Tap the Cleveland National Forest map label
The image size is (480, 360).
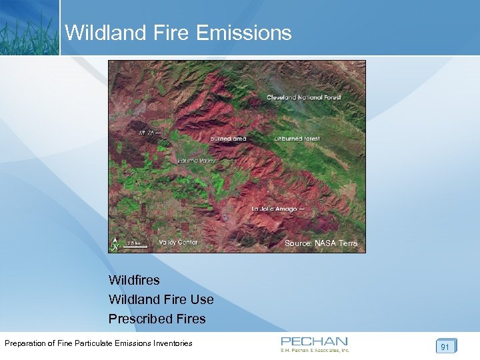point(303,97)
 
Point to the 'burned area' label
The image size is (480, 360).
point(228,139)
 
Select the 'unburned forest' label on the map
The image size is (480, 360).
point(297,139)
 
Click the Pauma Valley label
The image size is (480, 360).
point(197,161)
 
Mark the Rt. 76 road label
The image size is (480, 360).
point(147,133)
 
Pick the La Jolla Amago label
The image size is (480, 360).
point(279,209)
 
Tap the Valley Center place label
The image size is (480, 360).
point(178,242)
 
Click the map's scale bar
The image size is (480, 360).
point(137,245)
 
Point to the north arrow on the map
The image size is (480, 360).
point(115,244)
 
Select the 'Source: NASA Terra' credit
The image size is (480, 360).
point(321,243)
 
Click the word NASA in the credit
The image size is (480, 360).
point(325,243)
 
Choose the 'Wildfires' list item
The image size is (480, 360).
point(134,280)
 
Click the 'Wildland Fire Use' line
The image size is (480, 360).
point(161,299)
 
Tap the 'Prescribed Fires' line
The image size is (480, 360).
point(157,319)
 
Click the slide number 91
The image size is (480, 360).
point(445,346)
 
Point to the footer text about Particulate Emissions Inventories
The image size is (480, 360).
point(99,343)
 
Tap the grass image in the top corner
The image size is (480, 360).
point(29,27)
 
